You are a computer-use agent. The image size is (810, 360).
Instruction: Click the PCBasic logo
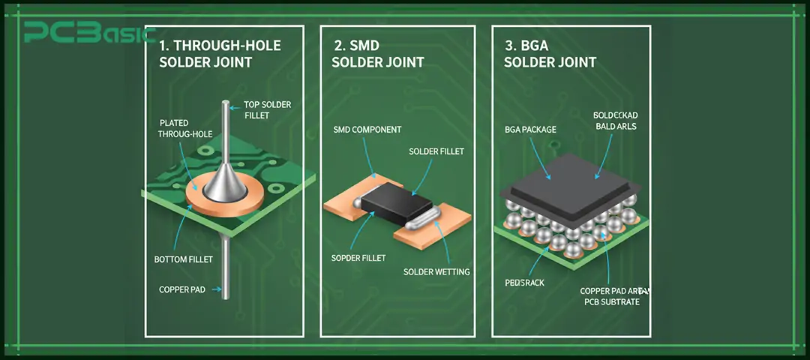point(88,34)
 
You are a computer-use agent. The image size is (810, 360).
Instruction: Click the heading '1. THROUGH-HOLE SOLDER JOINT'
point(220,53)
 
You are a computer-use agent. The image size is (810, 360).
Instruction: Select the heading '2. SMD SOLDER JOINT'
point(377,53)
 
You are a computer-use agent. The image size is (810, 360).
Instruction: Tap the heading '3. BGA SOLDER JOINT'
point(550,53)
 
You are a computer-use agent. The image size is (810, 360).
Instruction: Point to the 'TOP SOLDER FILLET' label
point(267,110)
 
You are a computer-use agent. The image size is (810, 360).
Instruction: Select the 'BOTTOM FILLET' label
point(184,259)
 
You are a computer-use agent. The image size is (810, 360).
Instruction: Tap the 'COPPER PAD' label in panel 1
point(182,289)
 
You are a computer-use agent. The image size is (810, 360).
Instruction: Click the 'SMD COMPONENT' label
point(367,130)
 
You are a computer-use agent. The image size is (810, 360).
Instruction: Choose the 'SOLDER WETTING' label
point(436,271)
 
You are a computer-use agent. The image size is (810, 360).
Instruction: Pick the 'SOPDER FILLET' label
point(358,258)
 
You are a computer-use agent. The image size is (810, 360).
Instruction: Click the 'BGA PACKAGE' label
point(530,130)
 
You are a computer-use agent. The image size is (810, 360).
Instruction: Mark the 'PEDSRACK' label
point(524,283)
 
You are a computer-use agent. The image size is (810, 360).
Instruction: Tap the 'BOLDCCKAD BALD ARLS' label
point(616,121)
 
